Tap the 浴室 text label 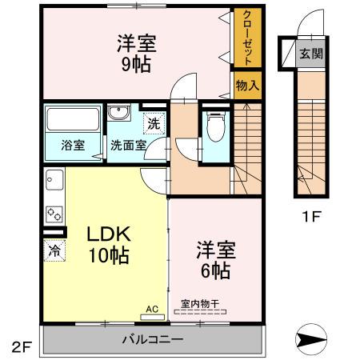pos(73,146)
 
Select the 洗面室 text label pos(128,146)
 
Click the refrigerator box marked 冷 pos(54,250)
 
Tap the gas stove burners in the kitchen pos(54,214)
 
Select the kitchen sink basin pos(54,181)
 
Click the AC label pos(151,306)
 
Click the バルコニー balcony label pos(152,339)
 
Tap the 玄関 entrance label pos(310,55)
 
